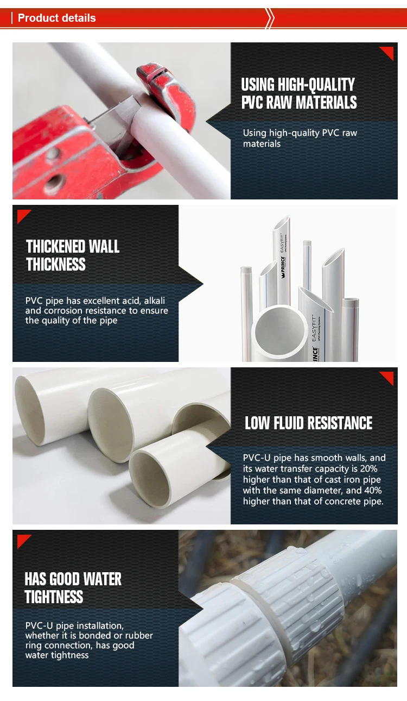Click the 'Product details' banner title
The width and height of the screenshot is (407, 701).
pos(56,18)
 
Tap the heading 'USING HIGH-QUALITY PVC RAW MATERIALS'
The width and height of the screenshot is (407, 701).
pos(299,93)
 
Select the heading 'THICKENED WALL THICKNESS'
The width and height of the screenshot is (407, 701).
pos(73,255)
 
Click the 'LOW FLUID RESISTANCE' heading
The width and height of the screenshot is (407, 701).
pos(309,423)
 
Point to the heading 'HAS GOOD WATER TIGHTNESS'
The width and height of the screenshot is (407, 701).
pos(73,588)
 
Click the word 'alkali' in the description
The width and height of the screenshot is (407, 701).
pos(155,301)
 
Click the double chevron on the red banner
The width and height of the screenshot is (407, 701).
pos(270,18)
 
